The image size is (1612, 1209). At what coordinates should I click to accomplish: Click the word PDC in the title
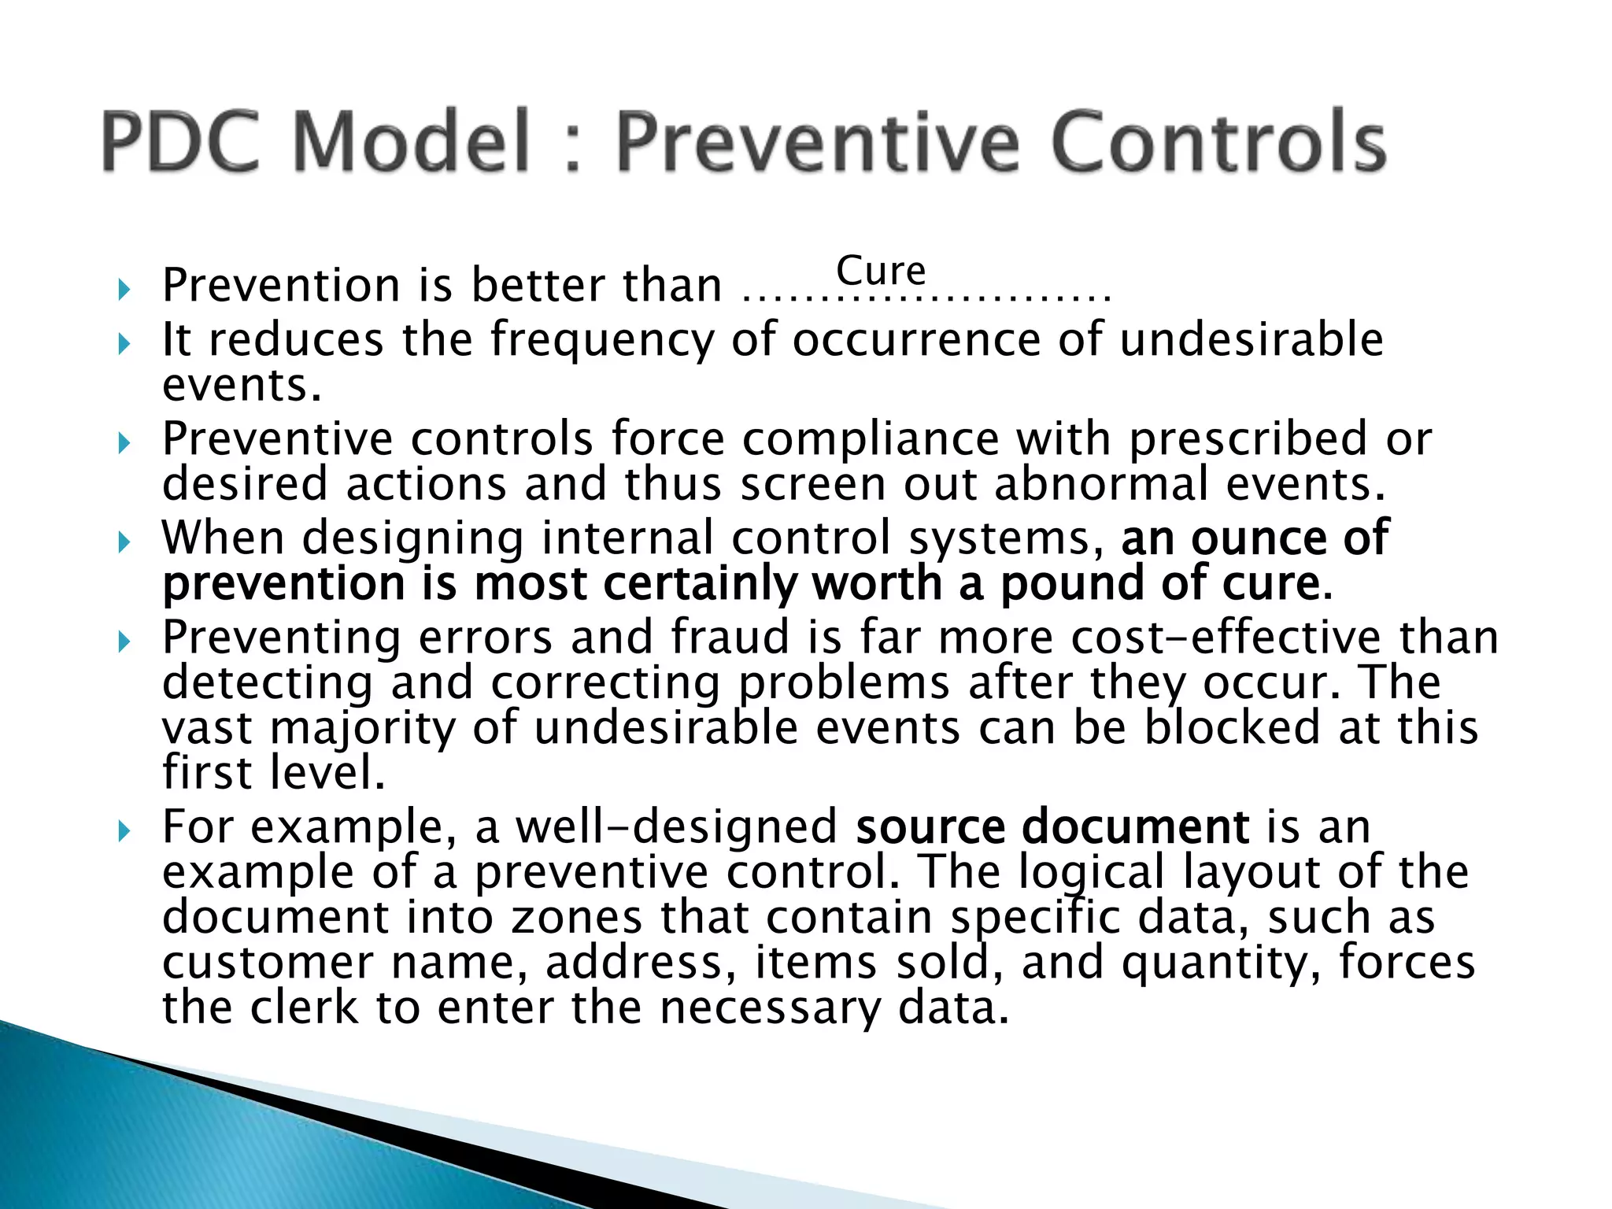coord(180,142)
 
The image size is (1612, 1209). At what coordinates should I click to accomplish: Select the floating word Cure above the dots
coord(881,271)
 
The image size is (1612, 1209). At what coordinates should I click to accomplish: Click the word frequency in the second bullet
coord(601,340)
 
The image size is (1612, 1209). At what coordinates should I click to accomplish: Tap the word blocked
coord(1232,727)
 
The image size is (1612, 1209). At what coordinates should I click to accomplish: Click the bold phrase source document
coord(1052,827)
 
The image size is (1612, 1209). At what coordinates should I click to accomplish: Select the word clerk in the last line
coord(303,1008)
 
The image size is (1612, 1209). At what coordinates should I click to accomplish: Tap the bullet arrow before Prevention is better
coord(123,290)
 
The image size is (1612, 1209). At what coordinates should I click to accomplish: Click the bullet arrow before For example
coord(123,831)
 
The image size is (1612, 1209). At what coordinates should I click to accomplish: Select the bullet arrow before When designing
coord(123,542)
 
